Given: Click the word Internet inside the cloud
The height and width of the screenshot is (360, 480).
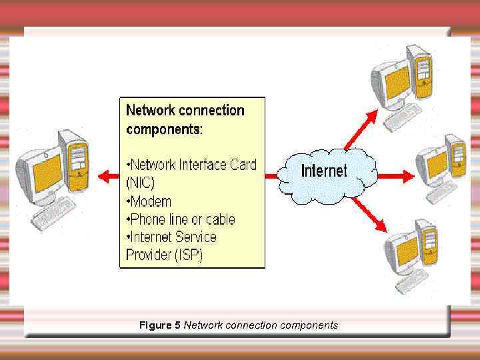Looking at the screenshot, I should [324, 171].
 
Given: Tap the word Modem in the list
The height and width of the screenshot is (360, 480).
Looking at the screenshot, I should [151, 201].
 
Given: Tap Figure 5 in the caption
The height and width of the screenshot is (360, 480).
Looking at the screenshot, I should [159, 325].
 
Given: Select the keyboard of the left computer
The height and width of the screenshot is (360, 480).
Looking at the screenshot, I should [56, 213].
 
